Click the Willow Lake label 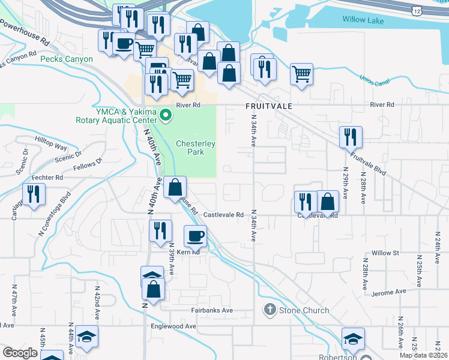(363, 20)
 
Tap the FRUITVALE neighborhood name (268, 106)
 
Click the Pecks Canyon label (66, 59)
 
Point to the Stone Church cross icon (270, 310)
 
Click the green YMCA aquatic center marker (165, 113)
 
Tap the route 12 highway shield (417, 11)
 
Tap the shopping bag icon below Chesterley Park (174, 188)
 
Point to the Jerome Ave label (389, 292)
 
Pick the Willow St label (385, 253)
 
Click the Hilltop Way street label (51, 146)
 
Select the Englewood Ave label (173, 326)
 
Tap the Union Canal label (375, 79)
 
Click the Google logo (20, 353)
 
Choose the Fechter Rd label (48, 178)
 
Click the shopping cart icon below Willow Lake (301, 74)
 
